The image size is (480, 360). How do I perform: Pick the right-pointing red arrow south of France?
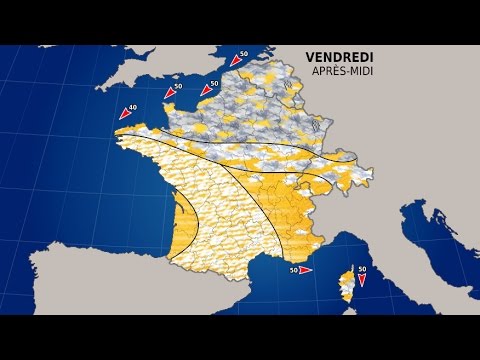pos(305,270)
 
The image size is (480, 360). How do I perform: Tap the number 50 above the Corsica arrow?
pos(363,268)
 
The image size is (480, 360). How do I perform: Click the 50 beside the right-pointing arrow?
pos(293,270)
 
